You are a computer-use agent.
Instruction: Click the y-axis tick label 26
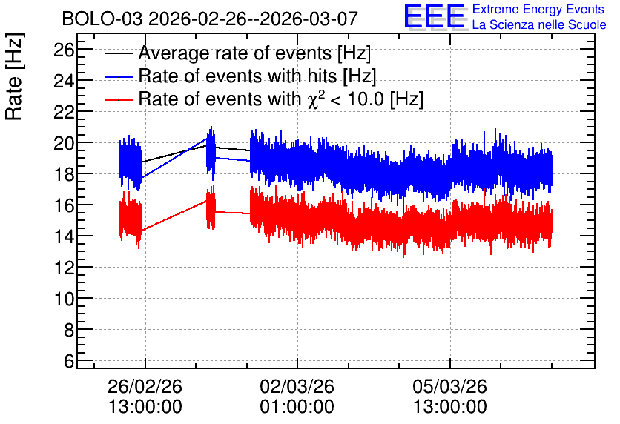coord(65,50)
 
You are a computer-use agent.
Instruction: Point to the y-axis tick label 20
coord(65,143)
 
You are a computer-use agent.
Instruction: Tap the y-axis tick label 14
coord(65,236)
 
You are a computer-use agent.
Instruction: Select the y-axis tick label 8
coord(69,330)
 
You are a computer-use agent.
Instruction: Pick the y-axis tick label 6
coord(69,361)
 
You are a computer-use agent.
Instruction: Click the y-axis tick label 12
coord(65,268)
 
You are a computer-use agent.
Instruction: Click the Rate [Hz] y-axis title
coord(14,76)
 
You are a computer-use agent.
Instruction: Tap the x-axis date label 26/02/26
coord(145,386)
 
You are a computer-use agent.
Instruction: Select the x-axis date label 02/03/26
coord(297,386)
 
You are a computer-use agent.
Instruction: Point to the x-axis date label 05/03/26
coord(450,386)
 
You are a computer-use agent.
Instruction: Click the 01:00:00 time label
coord(297,407)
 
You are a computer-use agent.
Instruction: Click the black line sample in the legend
coord(118,53)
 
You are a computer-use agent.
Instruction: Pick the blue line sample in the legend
coord(118,76)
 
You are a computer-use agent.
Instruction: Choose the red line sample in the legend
coord(118,99)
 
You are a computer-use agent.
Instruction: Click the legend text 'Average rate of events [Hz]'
coord(254,53)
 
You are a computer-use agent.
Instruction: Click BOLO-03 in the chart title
coord(102,19)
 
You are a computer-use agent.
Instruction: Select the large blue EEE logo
coord(435,16)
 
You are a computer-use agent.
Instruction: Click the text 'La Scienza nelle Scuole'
coord(539,25)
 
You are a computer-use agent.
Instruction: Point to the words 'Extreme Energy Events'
coord(538,9)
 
